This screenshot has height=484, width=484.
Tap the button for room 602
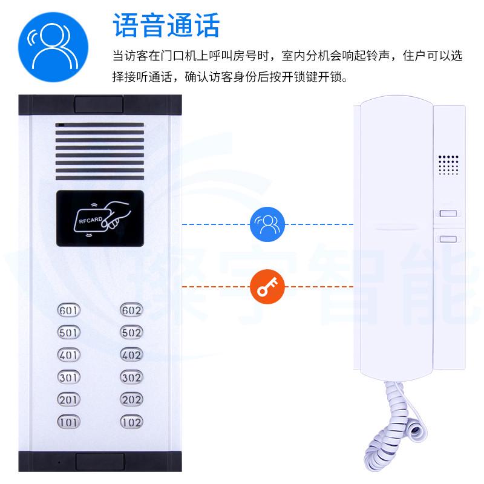click(x=131, y=311)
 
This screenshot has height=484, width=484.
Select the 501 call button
click(x=68, y=332)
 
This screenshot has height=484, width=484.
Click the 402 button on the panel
click(x=131, y=354)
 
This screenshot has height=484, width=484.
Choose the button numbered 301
click(x=68, y=376)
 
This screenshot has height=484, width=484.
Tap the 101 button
click(x=68, y=420)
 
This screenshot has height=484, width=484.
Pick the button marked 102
click(x=131, y=420)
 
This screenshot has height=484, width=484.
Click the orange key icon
click(x=264, y=287)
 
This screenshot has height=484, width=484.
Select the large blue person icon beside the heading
click(x=53, y=44)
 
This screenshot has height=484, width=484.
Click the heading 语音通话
click(x=166, y=25)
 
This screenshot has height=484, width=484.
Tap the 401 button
click(x=68, y=354)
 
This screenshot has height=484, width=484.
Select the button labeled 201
click(x=68, y=399)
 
